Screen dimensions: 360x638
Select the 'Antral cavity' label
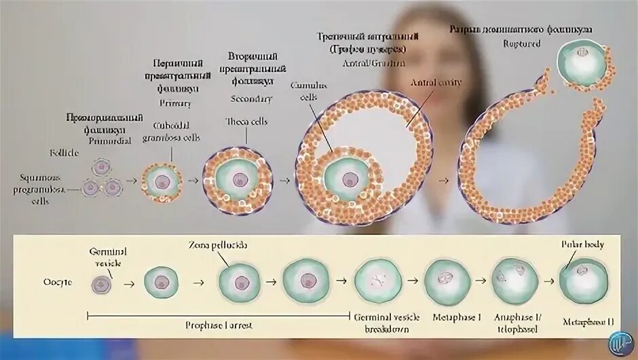(435, 82)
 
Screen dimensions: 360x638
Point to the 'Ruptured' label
(522, 44)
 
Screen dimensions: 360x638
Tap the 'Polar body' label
(582, 244)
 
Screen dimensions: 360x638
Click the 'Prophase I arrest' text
(219, 325)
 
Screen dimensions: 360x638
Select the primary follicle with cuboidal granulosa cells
(162, 181)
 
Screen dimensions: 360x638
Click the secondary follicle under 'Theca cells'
(238, 180)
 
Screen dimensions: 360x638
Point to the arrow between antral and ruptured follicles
(443, 181)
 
